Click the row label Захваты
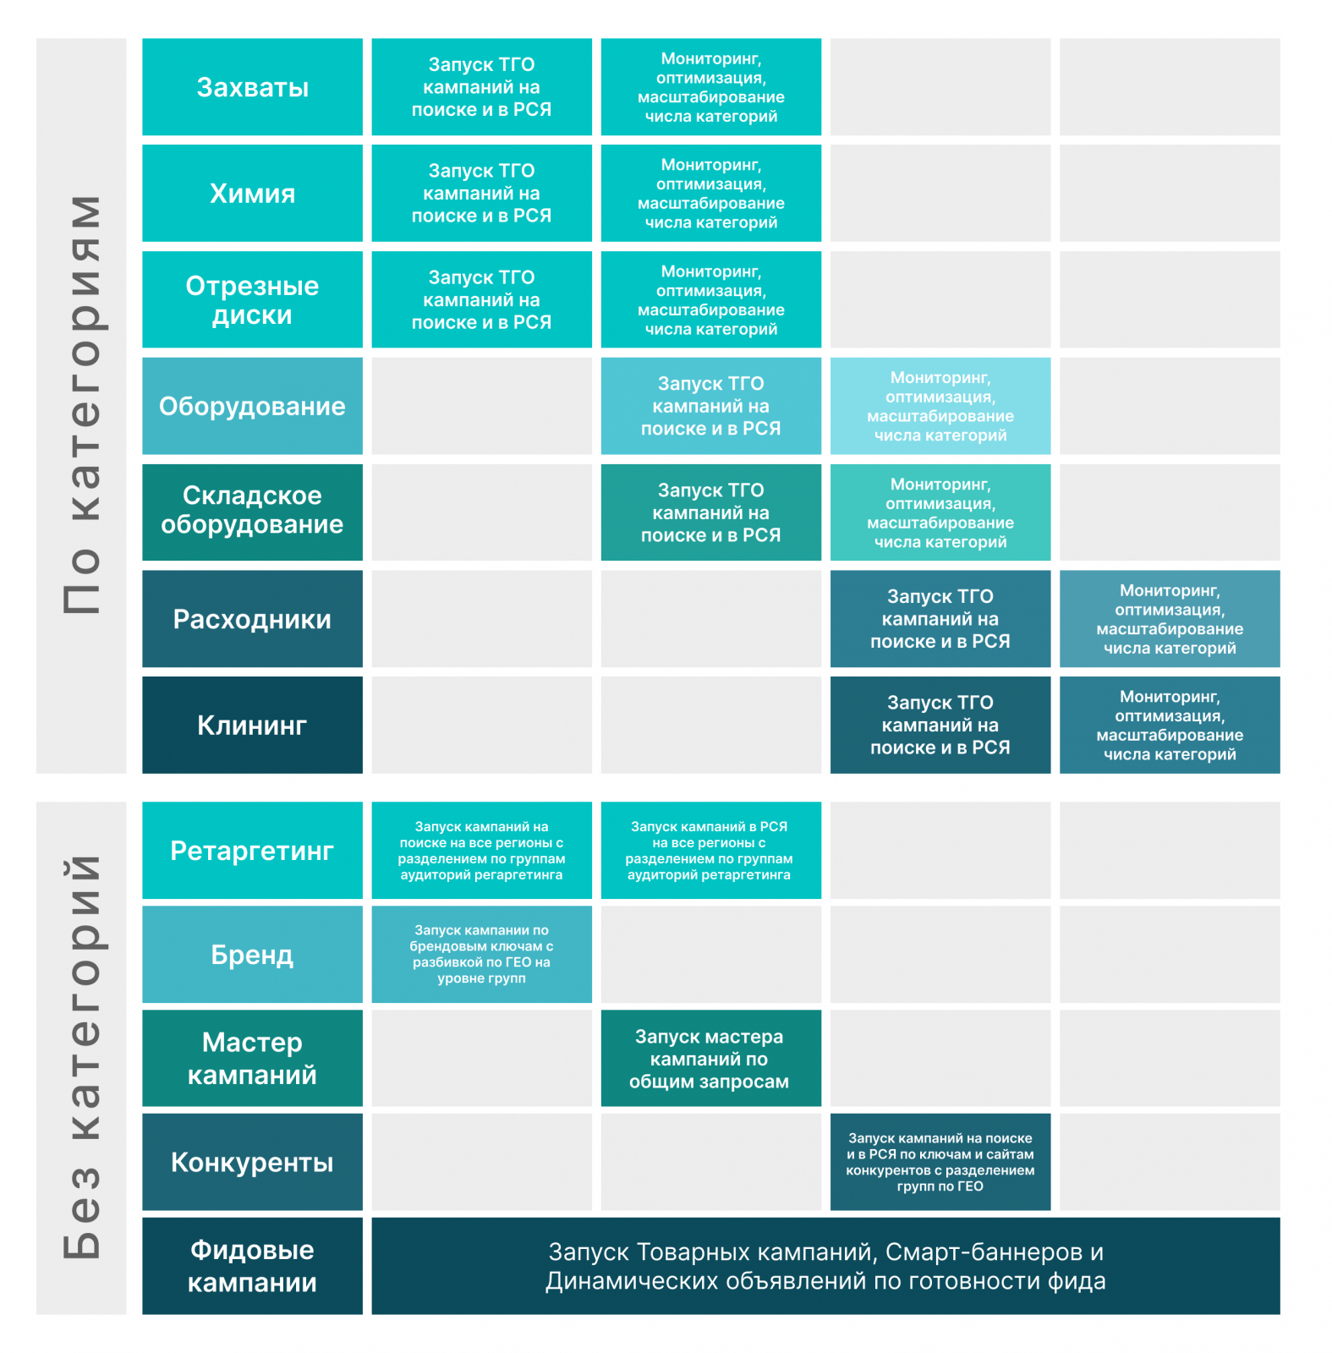tap(252, 87)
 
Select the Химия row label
tap(252, 194)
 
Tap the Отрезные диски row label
tap(252, 300)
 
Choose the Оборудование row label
tap(252, 406)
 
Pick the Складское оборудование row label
tap(252, 511)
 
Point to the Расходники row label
tap(252, 619)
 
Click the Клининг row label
tap(252, 725)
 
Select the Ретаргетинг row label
tap(252, 851)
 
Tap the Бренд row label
tap(252, 955)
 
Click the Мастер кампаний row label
tap(252, 1058)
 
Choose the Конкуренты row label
tap(252, 1162)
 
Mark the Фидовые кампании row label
tap(252, 1266)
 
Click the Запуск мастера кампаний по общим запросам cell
tap(710, 1058)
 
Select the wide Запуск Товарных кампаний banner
tap(825, 1266)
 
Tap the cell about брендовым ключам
tap(481, 955)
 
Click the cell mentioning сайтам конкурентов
tap(940, 1162)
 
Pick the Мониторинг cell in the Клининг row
tap(1170, 725)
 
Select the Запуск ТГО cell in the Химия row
tap(481, 194)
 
